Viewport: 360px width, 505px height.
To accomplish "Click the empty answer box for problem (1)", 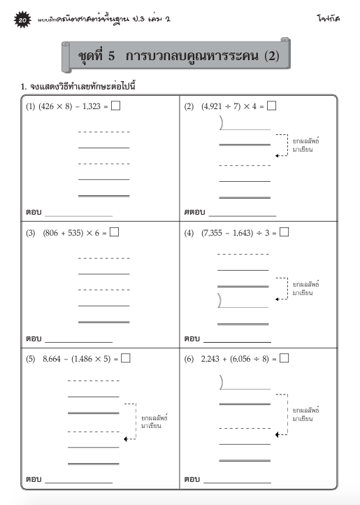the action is tap(115, 106).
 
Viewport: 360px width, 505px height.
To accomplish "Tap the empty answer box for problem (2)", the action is tap(271, 106).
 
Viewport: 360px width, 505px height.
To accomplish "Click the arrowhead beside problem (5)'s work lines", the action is tap(126, 439).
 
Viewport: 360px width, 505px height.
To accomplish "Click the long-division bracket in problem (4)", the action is tap(221, 299).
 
